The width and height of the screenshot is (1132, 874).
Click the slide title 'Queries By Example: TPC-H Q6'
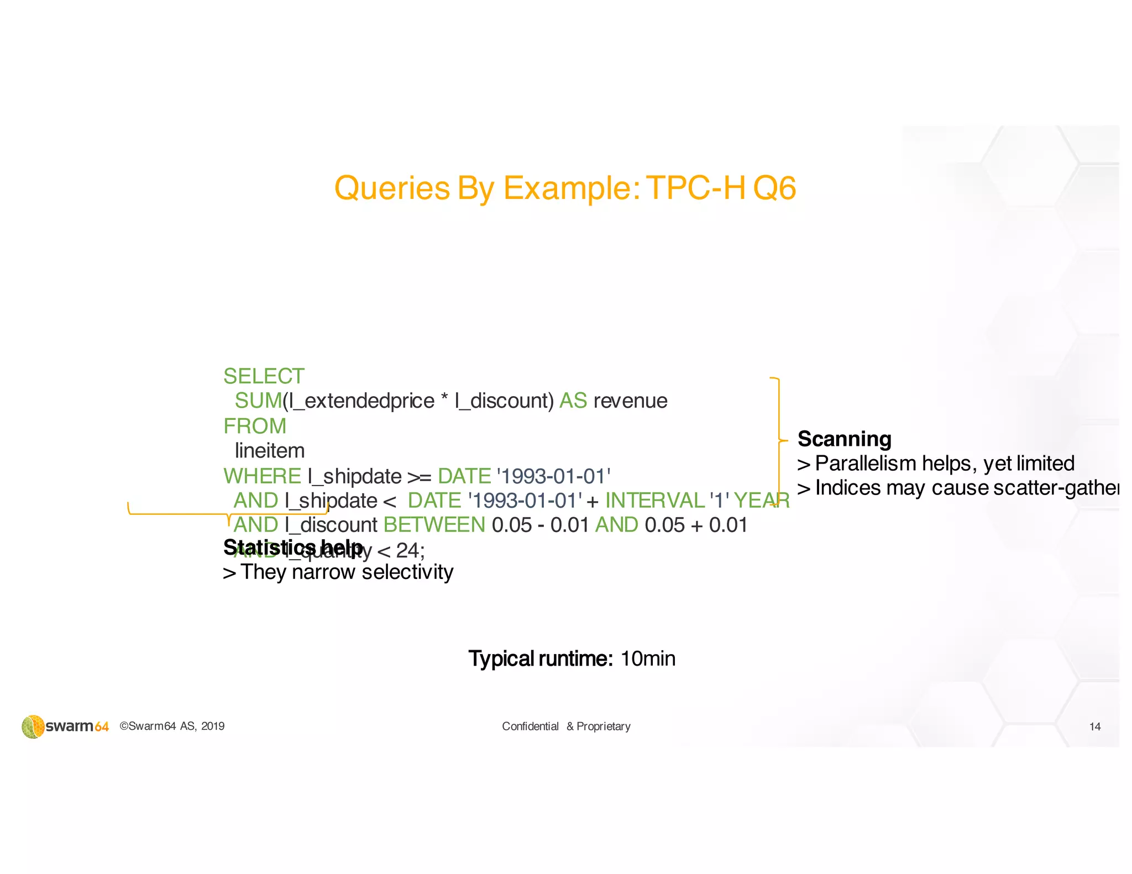565,188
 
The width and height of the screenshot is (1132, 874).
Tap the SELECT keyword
264,376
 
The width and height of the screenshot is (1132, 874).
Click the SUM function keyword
258,401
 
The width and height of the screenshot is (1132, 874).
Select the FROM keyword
255,426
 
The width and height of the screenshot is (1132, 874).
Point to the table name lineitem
270,451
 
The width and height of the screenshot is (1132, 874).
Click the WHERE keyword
262,476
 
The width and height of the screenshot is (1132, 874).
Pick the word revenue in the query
630,401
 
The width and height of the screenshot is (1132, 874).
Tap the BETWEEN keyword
434,525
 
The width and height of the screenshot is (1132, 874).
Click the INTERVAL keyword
654,501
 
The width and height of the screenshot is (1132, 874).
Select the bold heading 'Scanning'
844,439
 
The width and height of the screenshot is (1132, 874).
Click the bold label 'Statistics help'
293,547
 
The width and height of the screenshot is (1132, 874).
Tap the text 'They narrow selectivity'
346,572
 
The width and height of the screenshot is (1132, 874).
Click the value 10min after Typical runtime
647,659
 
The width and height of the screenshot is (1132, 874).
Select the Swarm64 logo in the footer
65,726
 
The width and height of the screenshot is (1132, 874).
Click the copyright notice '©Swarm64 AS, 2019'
172,726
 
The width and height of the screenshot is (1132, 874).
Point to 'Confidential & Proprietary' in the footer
565,726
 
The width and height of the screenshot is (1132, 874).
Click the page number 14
1094,727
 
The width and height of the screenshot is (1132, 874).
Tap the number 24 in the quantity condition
408,550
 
